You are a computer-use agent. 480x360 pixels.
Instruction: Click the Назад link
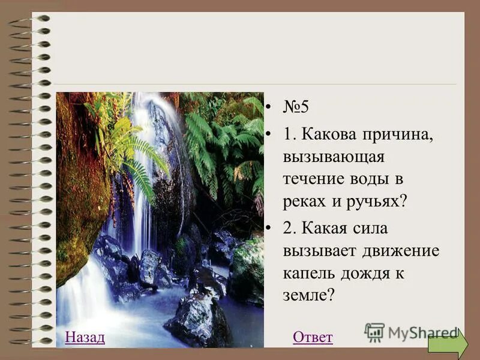click(85, 337)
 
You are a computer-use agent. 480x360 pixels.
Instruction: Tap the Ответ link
click(313, 337)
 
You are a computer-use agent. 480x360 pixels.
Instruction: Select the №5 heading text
click(295, 108)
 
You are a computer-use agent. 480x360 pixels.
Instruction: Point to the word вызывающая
click(334, 157)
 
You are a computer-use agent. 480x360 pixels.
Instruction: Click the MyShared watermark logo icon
click(374, 332)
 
